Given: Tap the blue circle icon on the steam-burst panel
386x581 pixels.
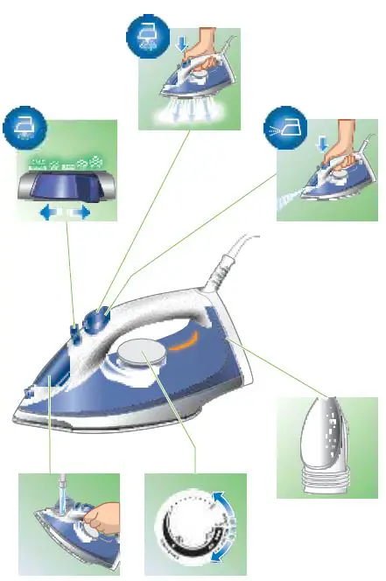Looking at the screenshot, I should pyautogui.click(x=143, y=36).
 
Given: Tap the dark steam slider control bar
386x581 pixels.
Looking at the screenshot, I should pyautogui.click(x=67, y=186).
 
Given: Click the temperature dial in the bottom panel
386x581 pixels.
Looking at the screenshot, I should pyautogui.click(x=187, y=529).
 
